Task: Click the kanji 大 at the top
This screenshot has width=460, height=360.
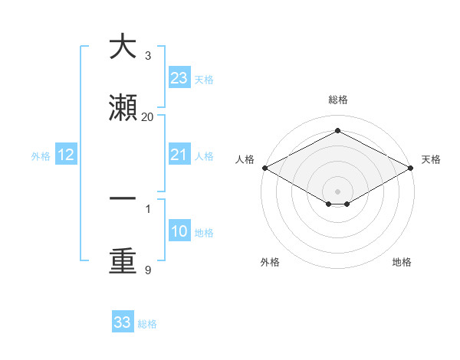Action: point(123,47)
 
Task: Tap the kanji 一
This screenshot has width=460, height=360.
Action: point(123,198)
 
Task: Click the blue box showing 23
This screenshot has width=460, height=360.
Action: point(179,78)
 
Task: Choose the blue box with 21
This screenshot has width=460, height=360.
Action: point(179,155)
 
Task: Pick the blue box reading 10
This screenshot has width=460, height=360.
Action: point(179,232)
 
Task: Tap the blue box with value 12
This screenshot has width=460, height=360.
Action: point(66,155)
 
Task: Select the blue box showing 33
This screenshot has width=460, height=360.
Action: point(123,322)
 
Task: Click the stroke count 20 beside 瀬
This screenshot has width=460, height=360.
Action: point(148,116)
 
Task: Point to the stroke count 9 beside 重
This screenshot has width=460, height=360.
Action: point(147,270)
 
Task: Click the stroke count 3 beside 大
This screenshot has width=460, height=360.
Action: point(147,56)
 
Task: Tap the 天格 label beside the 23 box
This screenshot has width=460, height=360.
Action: point(204,80)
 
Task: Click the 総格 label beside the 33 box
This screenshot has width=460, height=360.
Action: point(147,324)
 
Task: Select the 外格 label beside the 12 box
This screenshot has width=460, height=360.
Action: point(41,156)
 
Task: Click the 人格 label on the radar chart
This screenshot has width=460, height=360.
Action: point(245,159)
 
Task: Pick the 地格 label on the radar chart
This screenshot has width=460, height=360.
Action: point(402,262)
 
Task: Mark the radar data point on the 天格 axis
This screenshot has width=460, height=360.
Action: point(412,168)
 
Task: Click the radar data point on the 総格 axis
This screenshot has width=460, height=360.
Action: point(337,130)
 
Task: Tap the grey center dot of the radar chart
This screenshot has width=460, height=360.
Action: point(337,191)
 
